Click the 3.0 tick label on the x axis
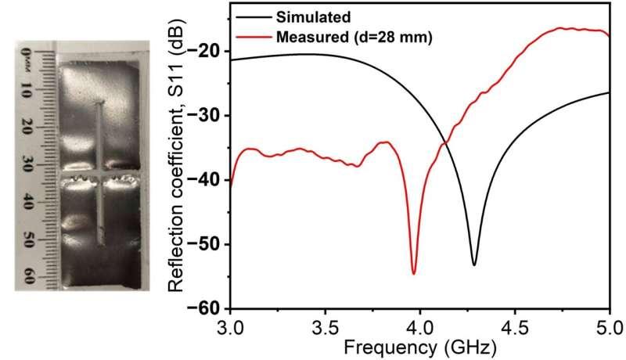click(x=231, y=323)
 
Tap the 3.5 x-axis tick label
click(x=326, y=323)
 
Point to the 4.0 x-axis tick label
click(x=420, y=323)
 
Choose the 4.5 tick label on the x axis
click(x=515, y=323)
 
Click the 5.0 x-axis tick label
click(x=609, y=323)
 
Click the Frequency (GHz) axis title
click(x=421, y=344)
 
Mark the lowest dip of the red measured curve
click(x=414, y=273)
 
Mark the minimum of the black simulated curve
click(x=474, y=265)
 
